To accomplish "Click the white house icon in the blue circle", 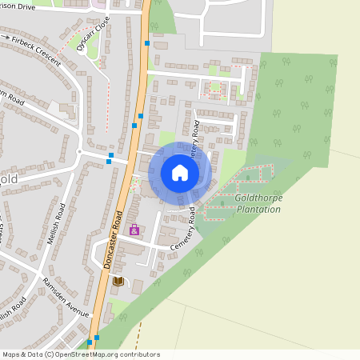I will point(180,173).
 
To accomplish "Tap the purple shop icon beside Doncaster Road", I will point(134,230).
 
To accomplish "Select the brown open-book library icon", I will point(119,281).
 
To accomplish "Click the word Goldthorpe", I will point(259,198).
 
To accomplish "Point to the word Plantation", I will point(258,209).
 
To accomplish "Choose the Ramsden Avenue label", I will point(67,299).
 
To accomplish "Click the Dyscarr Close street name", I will point(92,35).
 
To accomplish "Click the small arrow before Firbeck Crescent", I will point(7,37).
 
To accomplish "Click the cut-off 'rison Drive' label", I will point(18,6).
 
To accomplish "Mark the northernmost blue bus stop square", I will point(147,43).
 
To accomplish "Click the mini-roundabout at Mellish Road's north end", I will point(79,151).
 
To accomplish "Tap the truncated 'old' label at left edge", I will point(9,179).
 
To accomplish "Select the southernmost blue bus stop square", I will point(90,343).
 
